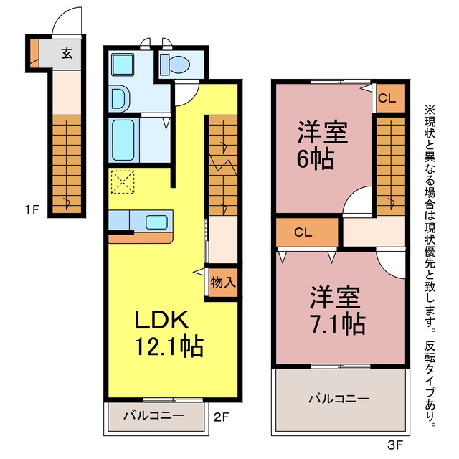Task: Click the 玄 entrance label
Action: click(67, 53)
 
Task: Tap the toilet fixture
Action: click(175, 64)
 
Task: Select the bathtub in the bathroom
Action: click(123, 140)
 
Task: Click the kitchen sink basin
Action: click(156, 222)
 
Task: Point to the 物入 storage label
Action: click(223, 282)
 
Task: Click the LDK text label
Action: click(161, 320)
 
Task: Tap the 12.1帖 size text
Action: click(169, 347)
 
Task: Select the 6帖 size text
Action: click(316, 159)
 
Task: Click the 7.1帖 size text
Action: click(338, 324)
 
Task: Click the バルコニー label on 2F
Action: click(154, 415)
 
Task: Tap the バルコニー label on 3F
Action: click(339, 399)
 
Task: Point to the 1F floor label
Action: click(32, 209)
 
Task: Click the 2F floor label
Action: click(221, 417)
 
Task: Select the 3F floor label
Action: click(395, 445)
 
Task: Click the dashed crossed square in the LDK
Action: click(123, 182)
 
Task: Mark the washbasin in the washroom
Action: click(120, 99)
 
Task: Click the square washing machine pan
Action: click(123, 65)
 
